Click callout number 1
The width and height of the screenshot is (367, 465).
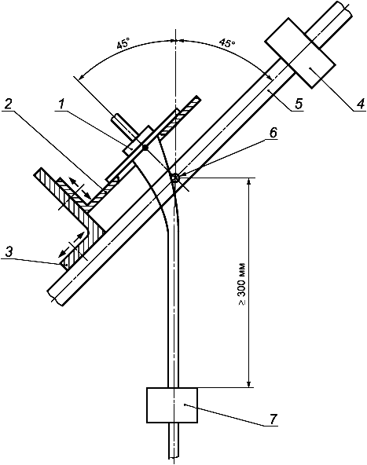(61, 104)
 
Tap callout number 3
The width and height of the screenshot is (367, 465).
(10, 252)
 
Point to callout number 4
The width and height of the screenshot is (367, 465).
(360, 104)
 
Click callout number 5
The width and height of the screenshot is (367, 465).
(298, 104)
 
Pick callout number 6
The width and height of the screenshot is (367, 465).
(273, 133)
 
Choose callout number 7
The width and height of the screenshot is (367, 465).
(273, 419)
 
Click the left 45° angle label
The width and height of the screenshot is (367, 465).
(123, 45)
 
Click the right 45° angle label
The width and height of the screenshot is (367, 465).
(227, 43)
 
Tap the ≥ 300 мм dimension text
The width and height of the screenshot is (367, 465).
(242, 284)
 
